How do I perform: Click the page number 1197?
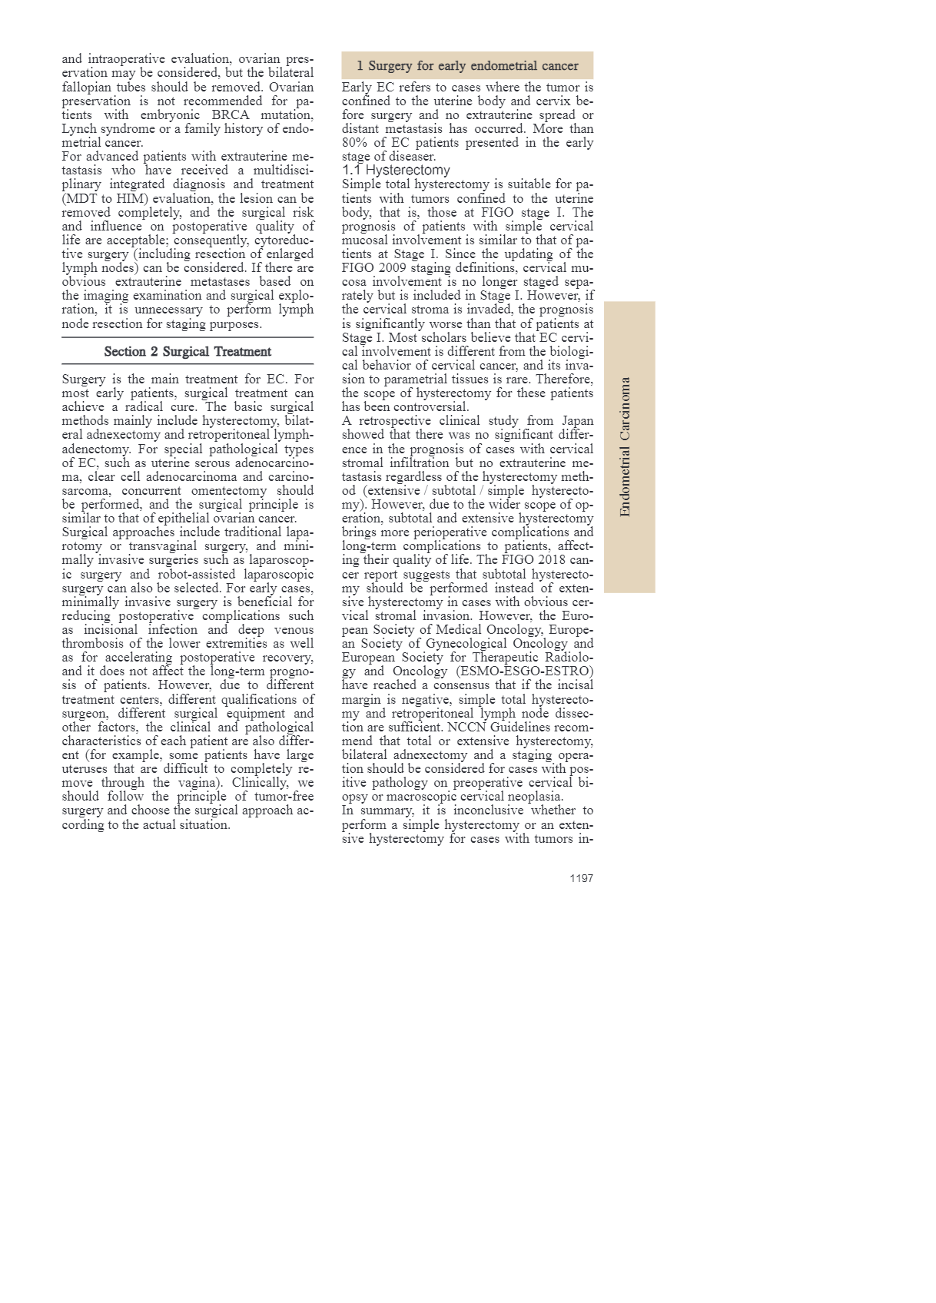click(581, 878)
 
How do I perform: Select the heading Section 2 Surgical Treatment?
click(188, 352)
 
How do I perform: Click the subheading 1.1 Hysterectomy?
click(396, 170)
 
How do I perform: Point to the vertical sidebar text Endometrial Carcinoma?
click(626, 446)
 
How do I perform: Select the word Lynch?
click(79, 129)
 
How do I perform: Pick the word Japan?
click(577, 421)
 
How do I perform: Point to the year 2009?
click(392, 268)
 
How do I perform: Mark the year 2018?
click(551, 560)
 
